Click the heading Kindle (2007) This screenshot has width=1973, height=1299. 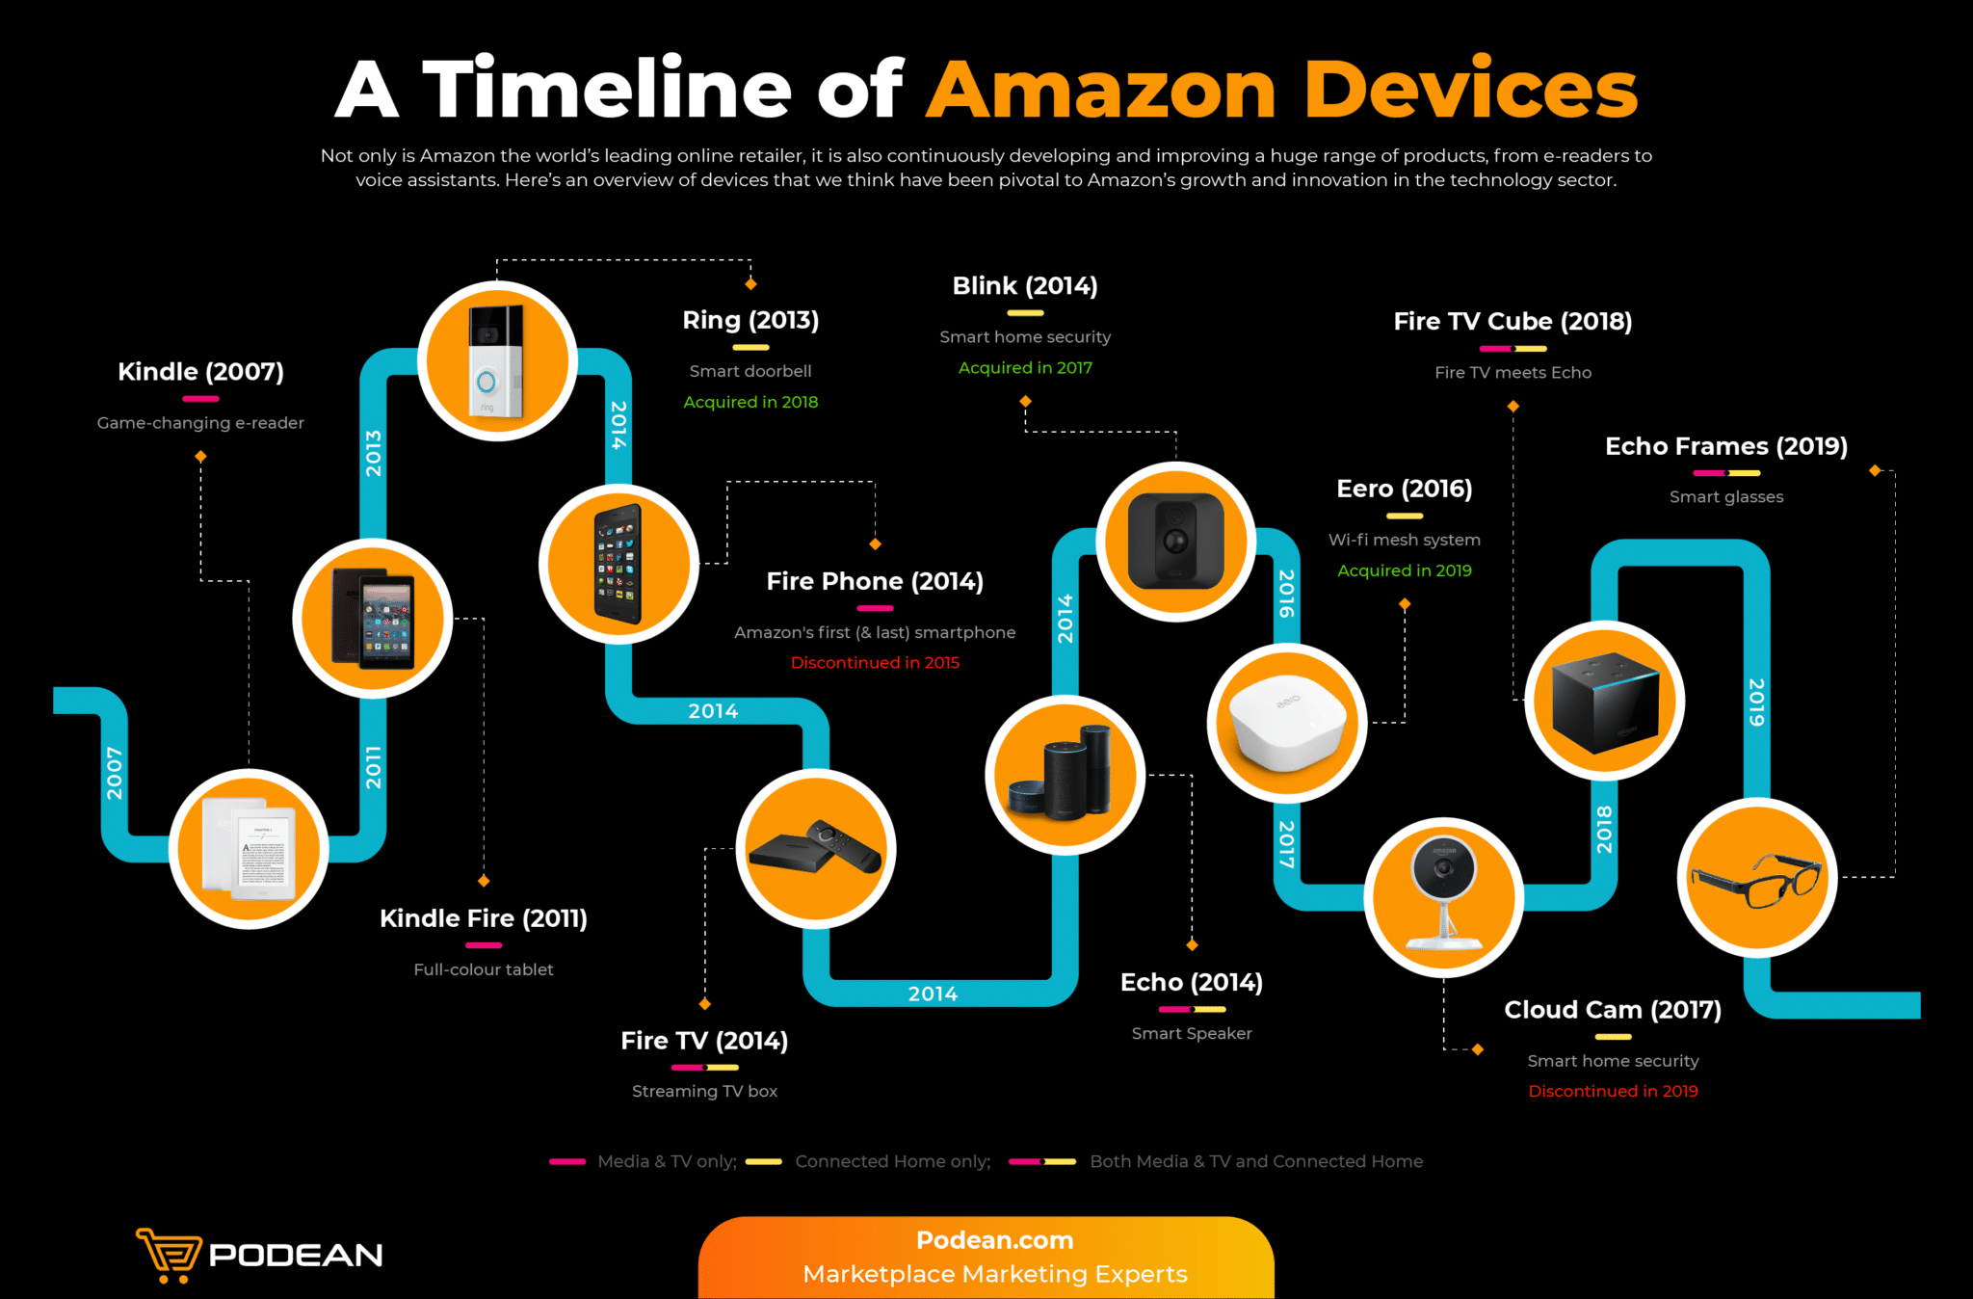coord(200,372)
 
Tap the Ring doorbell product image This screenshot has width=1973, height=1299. coord(497,361)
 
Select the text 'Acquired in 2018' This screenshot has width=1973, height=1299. coord(750,402)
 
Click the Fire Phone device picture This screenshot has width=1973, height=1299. coord(618,564)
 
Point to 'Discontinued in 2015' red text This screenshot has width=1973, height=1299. coord(875,663)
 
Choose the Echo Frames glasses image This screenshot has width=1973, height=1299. coord(1756,878)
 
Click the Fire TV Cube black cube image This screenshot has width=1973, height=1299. coord(1605,702)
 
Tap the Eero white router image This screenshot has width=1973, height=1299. coord(1286,724)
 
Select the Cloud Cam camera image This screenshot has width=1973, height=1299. coord(1443,896)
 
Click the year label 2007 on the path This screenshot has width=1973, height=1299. coord(115,773)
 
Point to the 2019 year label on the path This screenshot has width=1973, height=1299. coord(1756,702)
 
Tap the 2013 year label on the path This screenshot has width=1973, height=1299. coord(374,453)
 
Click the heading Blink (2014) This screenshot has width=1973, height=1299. coord(1025,286)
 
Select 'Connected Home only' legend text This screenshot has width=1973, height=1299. coord(892,1161)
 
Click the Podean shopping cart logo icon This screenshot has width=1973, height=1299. coord(169,1254)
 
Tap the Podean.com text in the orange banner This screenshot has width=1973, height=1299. coord(994,1240)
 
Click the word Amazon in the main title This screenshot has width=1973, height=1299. coord(1101,90)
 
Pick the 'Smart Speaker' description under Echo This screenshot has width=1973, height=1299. coord(1192,1033)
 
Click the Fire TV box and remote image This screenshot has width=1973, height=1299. coord(816,849)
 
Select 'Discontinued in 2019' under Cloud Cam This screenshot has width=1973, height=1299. coord(1613,1091)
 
